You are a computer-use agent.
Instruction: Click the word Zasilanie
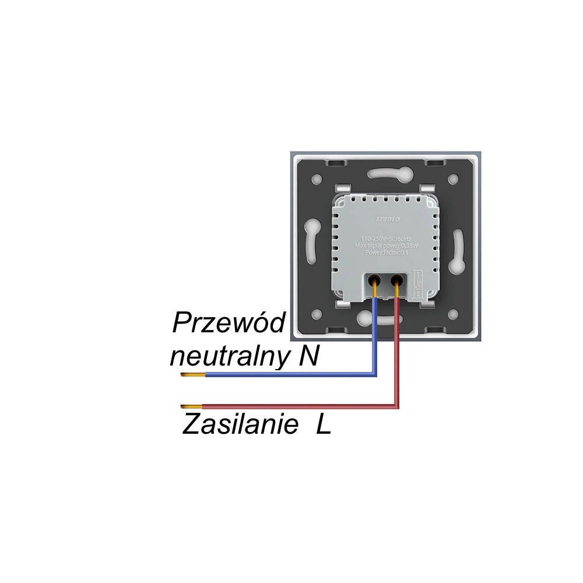(x=238, y=424)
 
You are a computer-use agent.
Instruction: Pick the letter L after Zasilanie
(x=324, y=424)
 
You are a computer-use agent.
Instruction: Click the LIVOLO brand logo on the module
(x=384, y=218)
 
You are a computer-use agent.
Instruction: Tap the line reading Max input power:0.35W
(x=385, y=245)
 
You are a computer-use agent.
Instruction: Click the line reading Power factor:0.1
(x=385, y=253)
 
